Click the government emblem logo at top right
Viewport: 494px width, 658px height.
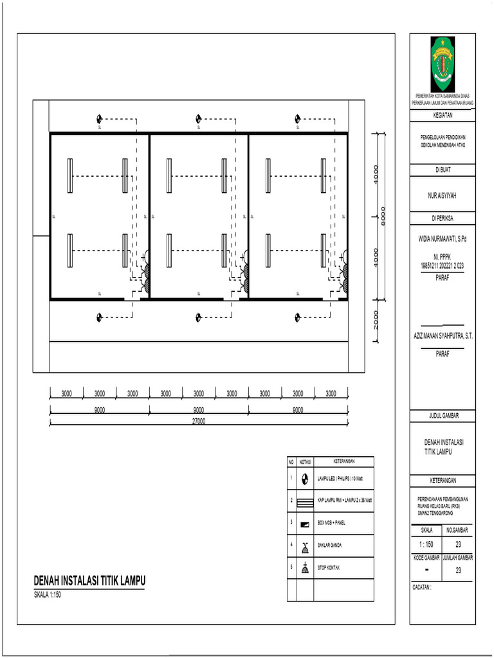[442, 64]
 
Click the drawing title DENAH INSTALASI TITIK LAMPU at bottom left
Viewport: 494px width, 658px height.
[90, 581]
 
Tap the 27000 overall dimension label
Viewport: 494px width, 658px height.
[199, 421]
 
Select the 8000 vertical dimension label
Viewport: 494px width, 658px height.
[383, 217]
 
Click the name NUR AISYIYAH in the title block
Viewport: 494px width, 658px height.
[442, 193]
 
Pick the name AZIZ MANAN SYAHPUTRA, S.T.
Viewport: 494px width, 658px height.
[443, 336]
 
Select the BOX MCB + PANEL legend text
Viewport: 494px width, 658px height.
[332, 523]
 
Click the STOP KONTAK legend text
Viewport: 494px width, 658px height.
[329, 568]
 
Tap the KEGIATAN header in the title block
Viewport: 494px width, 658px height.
[442, 116]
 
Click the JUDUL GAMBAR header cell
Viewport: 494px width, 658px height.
[442, 416]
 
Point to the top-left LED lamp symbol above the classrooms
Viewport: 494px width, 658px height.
[100, 119]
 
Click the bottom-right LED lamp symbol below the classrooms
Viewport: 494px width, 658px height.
[298, 317]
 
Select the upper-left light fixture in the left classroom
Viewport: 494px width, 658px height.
[70, 175]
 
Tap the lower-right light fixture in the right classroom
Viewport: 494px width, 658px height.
[324, 250]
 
